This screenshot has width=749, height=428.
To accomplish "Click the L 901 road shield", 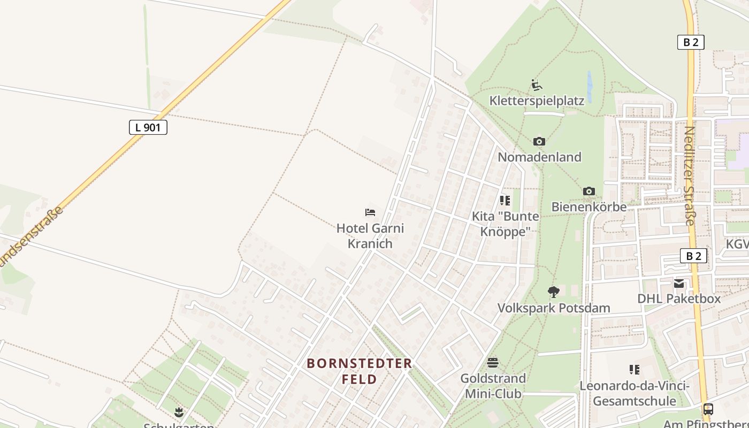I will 148,127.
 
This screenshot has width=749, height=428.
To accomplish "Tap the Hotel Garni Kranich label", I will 370,236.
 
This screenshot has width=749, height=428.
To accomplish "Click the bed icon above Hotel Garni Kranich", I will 370,212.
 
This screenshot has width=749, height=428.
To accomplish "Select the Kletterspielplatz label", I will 537,101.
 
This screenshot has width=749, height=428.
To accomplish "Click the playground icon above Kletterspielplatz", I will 537,85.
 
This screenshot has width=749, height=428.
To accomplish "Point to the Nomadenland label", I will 539,157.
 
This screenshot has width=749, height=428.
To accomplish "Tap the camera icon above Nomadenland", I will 539,141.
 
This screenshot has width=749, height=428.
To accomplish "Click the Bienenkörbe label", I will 588,207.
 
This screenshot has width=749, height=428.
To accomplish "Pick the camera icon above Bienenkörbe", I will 588,191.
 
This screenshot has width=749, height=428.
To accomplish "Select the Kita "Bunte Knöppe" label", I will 505,224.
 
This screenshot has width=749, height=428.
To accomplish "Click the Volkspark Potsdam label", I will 554,308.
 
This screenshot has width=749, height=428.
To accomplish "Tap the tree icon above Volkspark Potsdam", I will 554,292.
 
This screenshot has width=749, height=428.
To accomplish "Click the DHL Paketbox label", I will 679,299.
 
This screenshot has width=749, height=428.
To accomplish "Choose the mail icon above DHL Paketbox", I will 679,283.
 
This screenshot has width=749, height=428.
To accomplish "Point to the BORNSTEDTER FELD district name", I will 360,371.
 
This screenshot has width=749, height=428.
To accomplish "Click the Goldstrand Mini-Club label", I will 493,386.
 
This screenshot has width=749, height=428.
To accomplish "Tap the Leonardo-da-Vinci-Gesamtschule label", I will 635,393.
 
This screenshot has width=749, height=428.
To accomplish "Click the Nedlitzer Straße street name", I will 690,175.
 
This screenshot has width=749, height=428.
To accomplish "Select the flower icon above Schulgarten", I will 179,412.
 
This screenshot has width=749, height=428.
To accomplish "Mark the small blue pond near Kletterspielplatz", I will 590,87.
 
